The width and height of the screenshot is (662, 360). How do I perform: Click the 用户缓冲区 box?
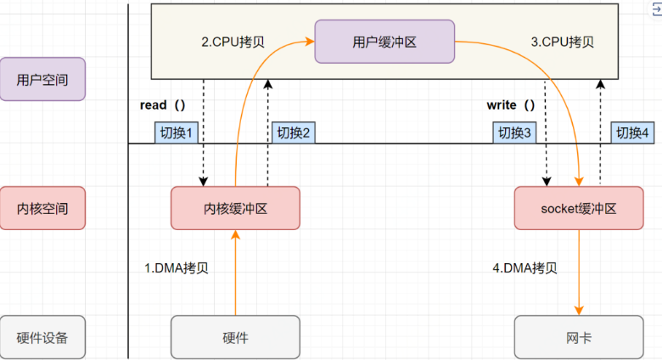(x=384, y=42)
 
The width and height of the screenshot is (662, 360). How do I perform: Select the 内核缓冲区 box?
(x=235, y=208)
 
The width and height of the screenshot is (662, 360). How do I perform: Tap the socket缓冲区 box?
(x=578, y=208)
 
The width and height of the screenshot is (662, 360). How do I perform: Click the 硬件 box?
(x=235, y=337)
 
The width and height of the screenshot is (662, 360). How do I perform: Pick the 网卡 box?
(x=578, y=337)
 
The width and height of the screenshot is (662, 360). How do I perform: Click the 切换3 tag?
(x=514, y=132)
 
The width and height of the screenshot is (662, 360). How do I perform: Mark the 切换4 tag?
(x=633, y=132)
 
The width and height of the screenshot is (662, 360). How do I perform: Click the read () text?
(x=162, y=105)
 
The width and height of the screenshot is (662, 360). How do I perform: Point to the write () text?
(x=511, y=105)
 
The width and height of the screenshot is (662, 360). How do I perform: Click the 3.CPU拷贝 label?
(x=562, y=41)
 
